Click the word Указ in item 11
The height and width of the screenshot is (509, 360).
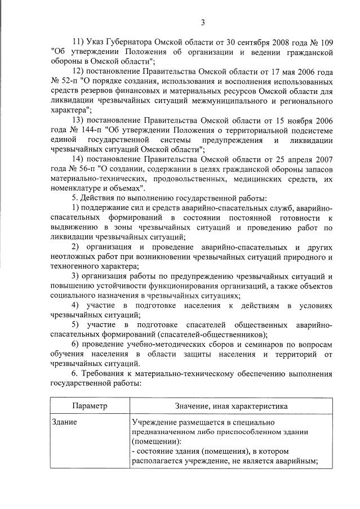pos(98,42)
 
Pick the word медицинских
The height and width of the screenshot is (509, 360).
pos(244,180)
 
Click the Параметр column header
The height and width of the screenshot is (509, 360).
pos(90,405)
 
